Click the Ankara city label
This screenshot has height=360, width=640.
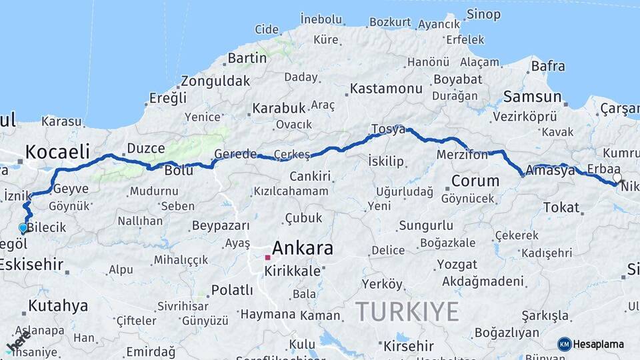pos(303,248)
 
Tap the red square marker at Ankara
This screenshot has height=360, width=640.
pos(267,257)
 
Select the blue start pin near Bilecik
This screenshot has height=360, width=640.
pos(23,227)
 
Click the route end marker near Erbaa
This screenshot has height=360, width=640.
pos(617,179)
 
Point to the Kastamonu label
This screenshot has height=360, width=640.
pos(386,89)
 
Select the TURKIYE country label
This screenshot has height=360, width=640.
pos(407,311)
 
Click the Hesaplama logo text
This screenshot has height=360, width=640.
pos(599,344)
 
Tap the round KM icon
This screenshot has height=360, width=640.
pos(565,344)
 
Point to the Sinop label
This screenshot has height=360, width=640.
pos(483,14)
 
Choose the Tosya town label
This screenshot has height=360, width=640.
pos(387,129)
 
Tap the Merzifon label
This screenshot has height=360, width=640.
pos(462,154)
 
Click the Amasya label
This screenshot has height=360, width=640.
pos(550,171)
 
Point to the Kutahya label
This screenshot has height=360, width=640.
pos(58,306)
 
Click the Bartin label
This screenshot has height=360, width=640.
pos(247,58)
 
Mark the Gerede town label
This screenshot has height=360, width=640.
pos(235,154)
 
